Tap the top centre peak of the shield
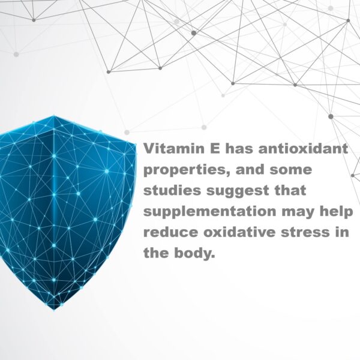point(54,116)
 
